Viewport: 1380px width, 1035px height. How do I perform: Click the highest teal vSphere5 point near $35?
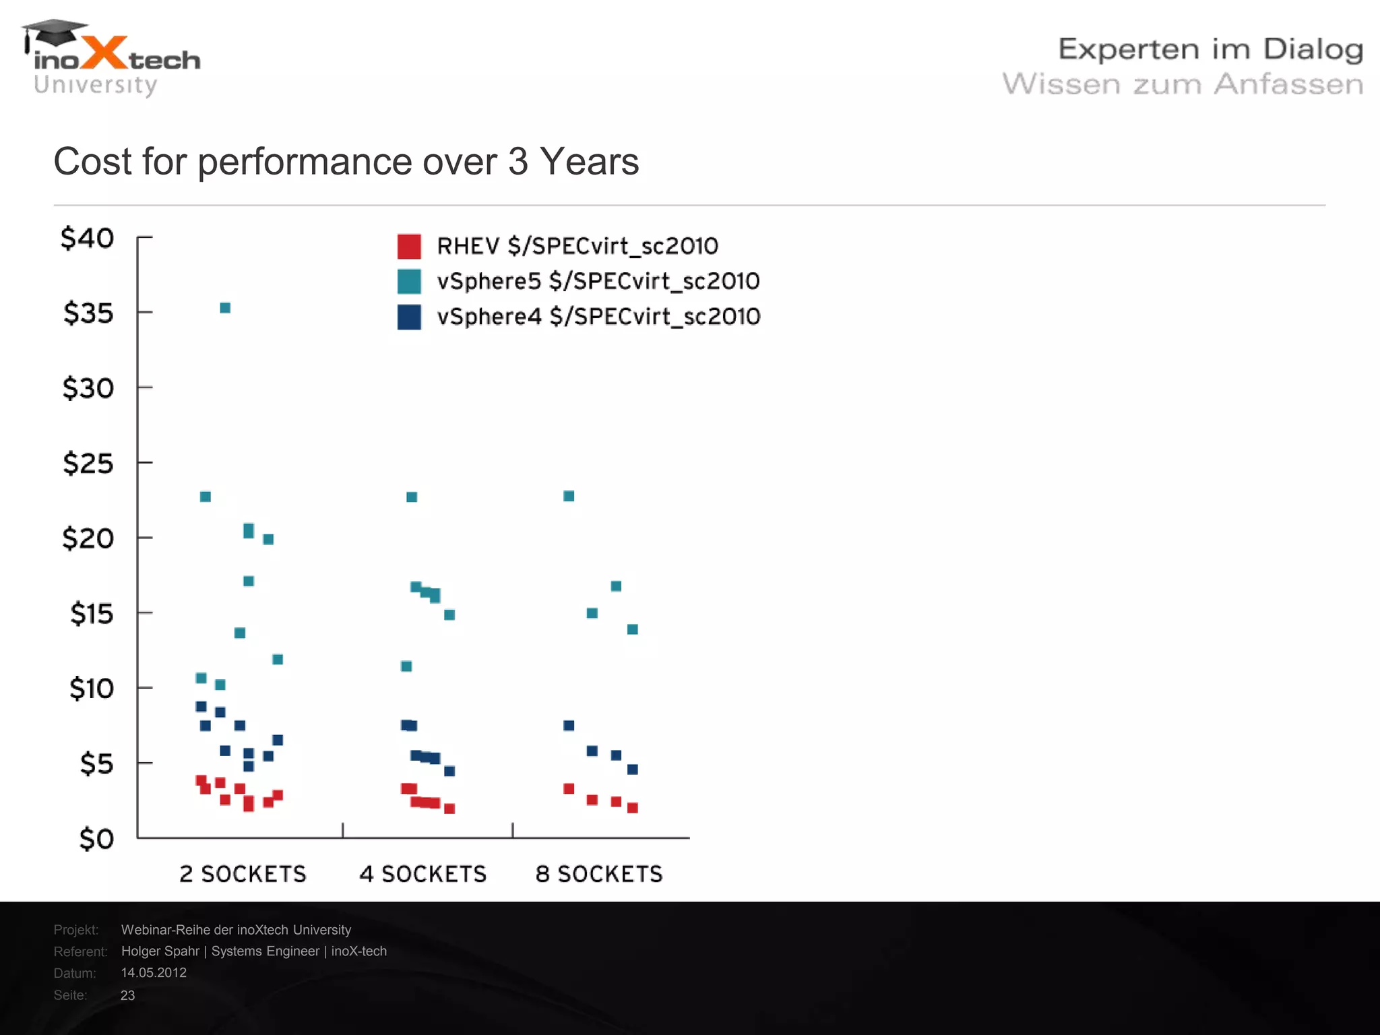click(225, 308)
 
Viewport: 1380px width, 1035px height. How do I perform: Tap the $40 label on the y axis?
click(88, 239)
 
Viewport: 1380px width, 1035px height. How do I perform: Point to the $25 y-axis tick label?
click(88, 464)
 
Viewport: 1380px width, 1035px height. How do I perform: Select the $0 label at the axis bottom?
click(96, 839)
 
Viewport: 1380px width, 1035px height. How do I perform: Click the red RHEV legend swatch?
click(409, 247)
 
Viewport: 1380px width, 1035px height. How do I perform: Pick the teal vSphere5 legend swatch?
click(409, 282)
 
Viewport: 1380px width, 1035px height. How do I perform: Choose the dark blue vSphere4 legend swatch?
click(409, 317)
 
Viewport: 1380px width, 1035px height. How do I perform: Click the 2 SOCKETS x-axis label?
click(243, 874)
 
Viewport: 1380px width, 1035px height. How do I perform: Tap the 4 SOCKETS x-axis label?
click(422, 874)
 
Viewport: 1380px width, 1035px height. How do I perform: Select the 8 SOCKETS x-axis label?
click(599, 874)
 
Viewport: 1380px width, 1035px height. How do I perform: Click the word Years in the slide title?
click(589, 162)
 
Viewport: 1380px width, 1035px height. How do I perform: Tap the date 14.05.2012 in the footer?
click(154, 972)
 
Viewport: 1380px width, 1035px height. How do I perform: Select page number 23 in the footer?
click(127, 995)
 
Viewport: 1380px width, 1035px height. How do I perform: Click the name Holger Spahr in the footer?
click(160, 951)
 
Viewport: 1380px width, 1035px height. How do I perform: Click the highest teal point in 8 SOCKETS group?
click(569, 496)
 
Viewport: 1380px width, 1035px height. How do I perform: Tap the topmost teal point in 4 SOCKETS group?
click(412, 497)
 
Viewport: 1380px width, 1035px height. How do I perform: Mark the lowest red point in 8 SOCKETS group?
click(632, 807)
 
